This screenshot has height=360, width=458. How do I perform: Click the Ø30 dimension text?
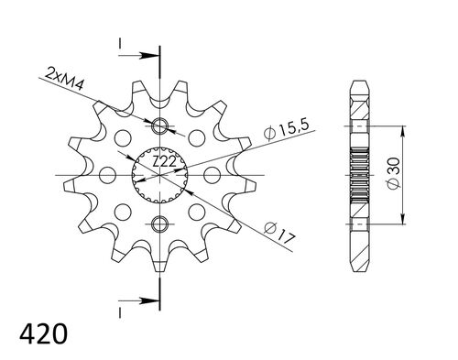[x=393, y=174]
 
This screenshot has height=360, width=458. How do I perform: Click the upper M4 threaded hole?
[x=161, y=126]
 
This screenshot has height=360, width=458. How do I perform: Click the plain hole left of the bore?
[x=106, y=174]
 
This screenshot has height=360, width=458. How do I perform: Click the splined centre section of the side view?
[x=358, y=174]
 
